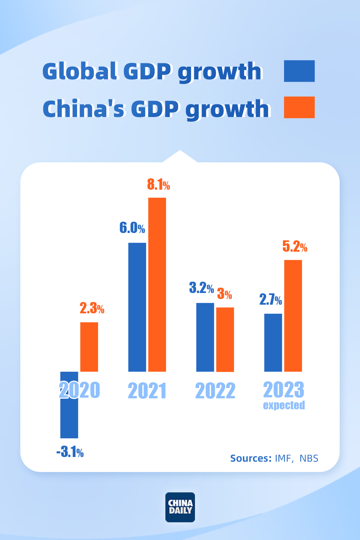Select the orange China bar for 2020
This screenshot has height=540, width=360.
(89, 347)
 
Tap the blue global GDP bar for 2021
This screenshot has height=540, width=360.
(137, 307)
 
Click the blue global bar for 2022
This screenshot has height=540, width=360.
(205, 337)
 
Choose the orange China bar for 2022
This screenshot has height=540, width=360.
(225, 339)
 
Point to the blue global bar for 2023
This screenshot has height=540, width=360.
(273, 342)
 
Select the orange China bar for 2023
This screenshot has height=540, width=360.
(293, 315)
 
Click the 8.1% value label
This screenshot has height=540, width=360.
(158, 184)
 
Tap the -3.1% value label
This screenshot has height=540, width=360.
(70, 452)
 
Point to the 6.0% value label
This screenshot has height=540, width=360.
(132, 228)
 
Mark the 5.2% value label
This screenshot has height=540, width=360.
(295, 246)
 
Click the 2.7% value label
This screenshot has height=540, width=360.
(271, 300)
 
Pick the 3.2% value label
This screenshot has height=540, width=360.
(201, 287)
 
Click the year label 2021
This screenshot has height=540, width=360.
(147, 391)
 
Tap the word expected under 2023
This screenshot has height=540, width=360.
(284, 405)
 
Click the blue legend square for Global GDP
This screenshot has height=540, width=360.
(299, 71)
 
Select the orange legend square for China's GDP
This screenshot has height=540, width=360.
(299, 107)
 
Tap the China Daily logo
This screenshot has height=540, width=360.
(180, 507)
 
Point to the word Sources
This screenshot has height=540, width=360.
(251, 458)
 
